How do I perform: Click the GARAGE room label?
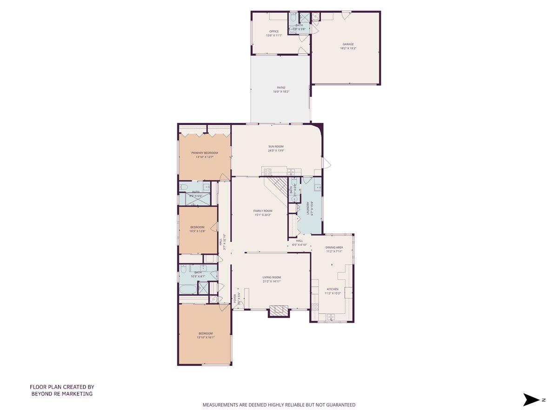click(348, 44)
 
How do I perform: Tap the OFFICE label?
click(274, 32)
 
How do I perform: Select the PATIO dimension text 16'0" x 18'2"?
click(281, 92)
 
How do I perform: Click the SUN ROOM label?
click(276, 147)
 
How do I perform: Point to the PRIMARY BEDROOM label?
click(205, 153)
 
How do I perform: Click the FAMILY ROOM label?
click(263, 211)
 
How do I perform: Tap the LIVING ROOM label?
click(272, 277)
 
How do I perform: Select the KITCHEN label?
click(332, 289)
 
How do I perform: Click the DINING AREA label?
click(334, 247)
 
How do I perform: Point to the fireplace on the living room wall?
click(279, 311)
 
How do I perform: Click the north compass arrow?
click(530, 399)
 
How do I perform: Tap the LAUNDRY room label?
click(307, 209)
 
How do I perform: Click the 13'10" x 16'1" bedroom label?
click(206, 333)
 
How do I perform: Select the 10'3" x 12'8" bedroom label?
click(197, 227)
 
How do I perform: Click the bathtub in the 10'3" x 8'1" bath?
click(188, 289)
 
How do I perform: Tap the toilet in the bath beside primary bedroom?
click(184, 188)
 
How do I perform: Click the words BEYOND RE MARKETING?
click(62, 394)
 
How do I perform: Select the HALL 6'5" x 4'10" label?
click(299, 241)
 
